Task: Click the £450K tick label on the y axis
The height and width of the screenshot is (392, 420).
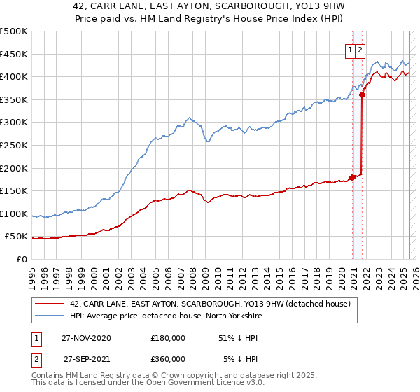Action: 14,54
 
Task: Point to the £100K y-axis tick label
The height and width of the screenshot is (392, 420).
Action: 14,213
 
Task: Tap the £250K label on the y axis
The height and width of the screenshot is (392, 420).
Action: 14,145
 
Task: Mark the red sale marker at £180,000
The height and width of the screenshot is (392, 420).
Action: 352,177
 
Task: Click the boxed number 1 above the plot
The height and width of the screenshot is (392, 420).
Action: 349,49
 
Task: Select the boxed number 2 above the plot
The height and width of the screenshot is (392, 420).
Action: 360,49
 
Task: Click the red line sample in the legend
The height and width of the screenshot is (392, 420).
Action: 49,304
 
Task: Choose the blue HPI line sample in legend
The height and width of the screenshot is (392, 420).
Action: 49,316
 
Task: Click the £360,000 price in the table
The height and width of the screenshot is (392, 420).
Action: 168,358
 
